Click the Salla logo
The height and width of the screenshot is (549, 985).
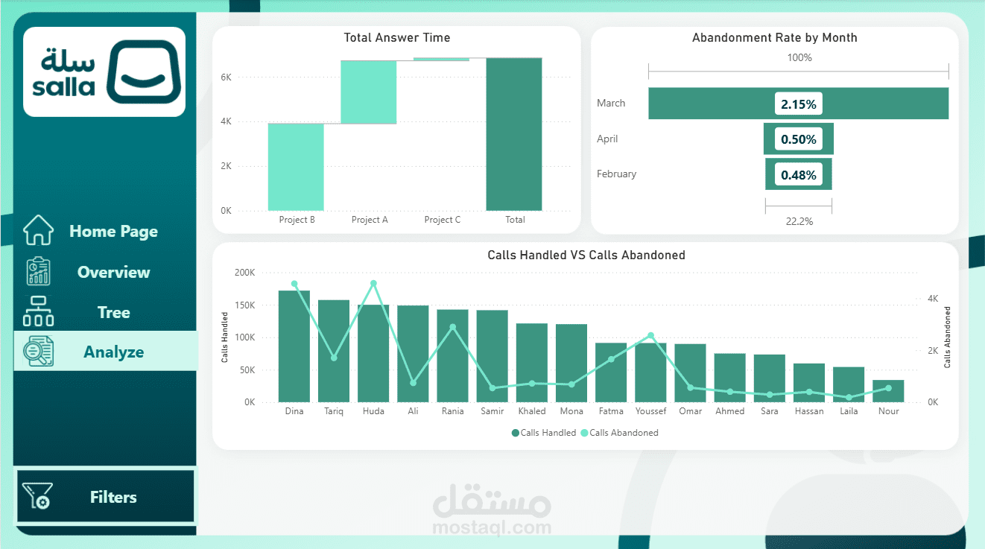[104, 72]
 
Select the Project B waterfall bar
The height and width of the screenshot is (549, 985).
[296, 167]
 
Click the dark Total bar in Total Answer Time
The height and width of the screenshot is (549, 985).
[514, 134]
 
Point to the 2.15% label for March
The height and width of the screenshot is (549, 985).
[799, 104]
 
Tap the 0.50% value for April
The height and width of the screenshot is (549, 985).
[799, 139]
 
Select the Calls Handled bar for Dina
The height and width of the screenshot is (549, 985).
[294, 346]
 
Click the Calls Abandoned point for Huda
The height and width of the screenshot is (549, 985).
[373, 284]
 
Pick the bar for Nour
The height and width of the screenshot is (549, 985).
[888, 391]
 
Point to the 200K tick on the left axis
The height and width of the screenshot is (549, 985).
[244, 273]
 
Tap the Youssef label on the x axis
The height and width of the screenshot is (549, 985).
[650, 411]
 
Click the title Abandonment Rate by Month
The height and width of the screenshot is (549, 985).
[774, 37]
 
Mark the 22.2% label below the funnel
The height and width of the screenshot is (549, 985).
[799, 221]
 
